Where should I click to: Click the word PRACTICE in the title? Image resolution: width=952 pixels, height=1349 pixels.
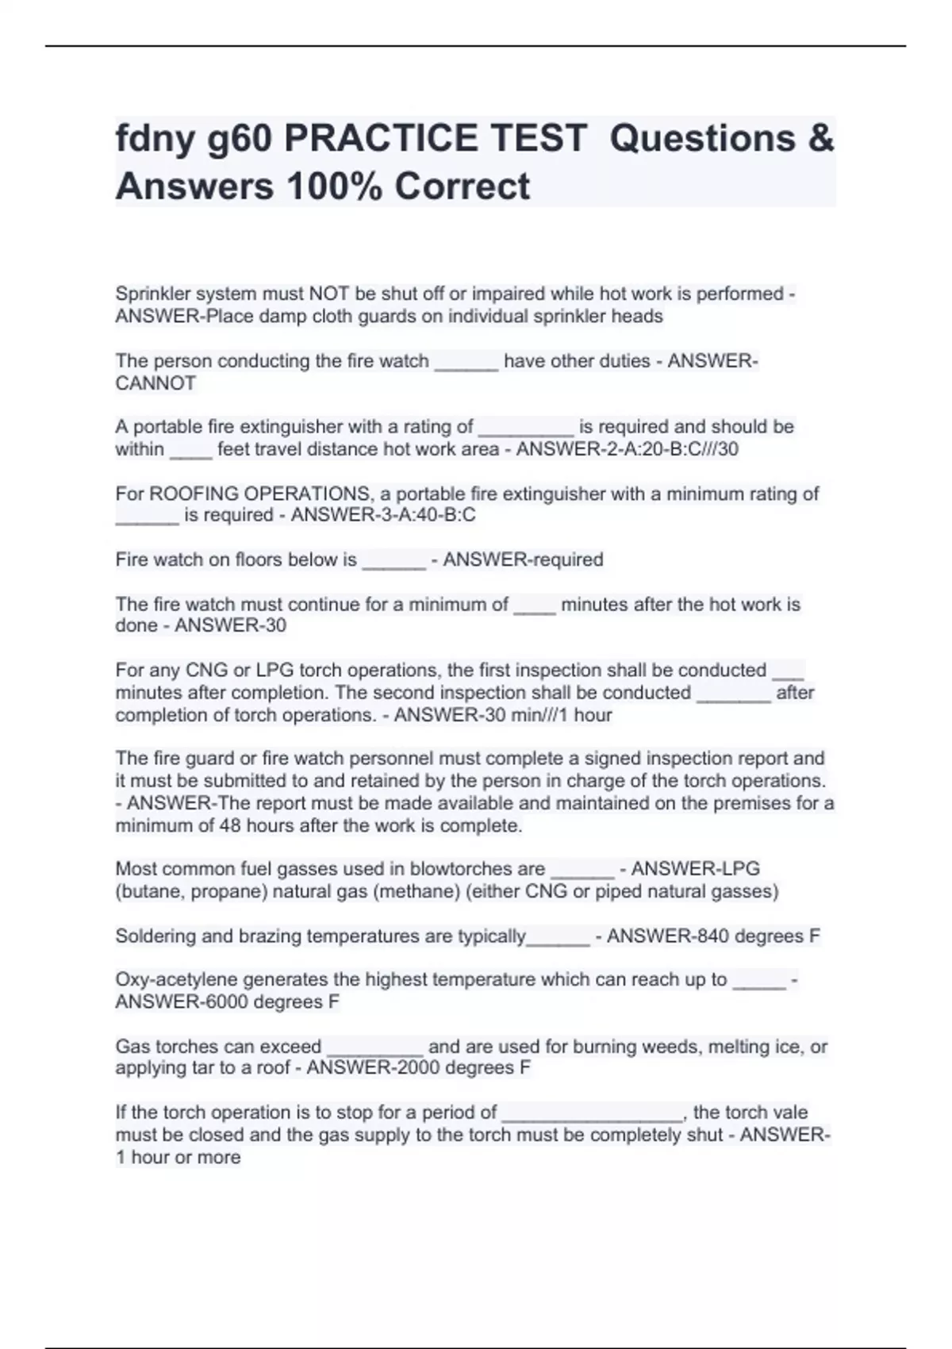point(435,139)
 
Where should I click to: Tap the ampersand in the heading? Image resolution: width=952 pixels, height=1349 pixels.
point(821,139)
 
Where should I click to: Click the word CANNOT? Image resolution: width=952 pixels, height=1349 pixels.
point(155,383)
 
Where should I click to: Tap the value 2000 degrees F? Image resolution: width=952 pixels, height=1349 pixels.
point(463,1068)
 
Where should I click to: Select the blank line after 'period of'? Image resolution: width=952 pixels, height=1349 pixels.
point(592,1113)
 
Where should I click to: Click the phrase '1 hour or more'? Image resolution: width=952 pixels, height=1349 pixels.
point(178,1158)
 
